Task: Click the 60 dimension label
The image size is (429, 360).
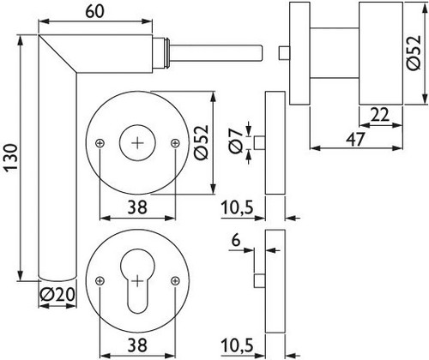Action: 95,11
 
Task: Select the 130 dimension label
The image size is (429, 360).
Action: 11,159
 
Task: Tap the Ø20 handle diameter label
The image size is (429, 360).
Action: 57,294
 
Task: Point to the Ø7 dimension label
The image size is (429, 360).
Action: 236,141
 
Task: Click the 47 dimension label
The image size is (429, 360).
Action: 355,139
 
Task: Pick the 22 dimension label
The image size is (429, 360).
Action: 379,115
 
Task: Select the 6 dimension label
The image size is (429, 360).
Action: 236,241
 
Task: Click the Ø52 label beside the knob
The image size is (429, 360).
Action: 414,53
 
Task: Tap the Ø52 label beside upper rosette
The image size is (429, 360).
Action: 202,142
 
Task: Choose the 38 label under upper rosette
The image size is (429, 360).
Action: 137,207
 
